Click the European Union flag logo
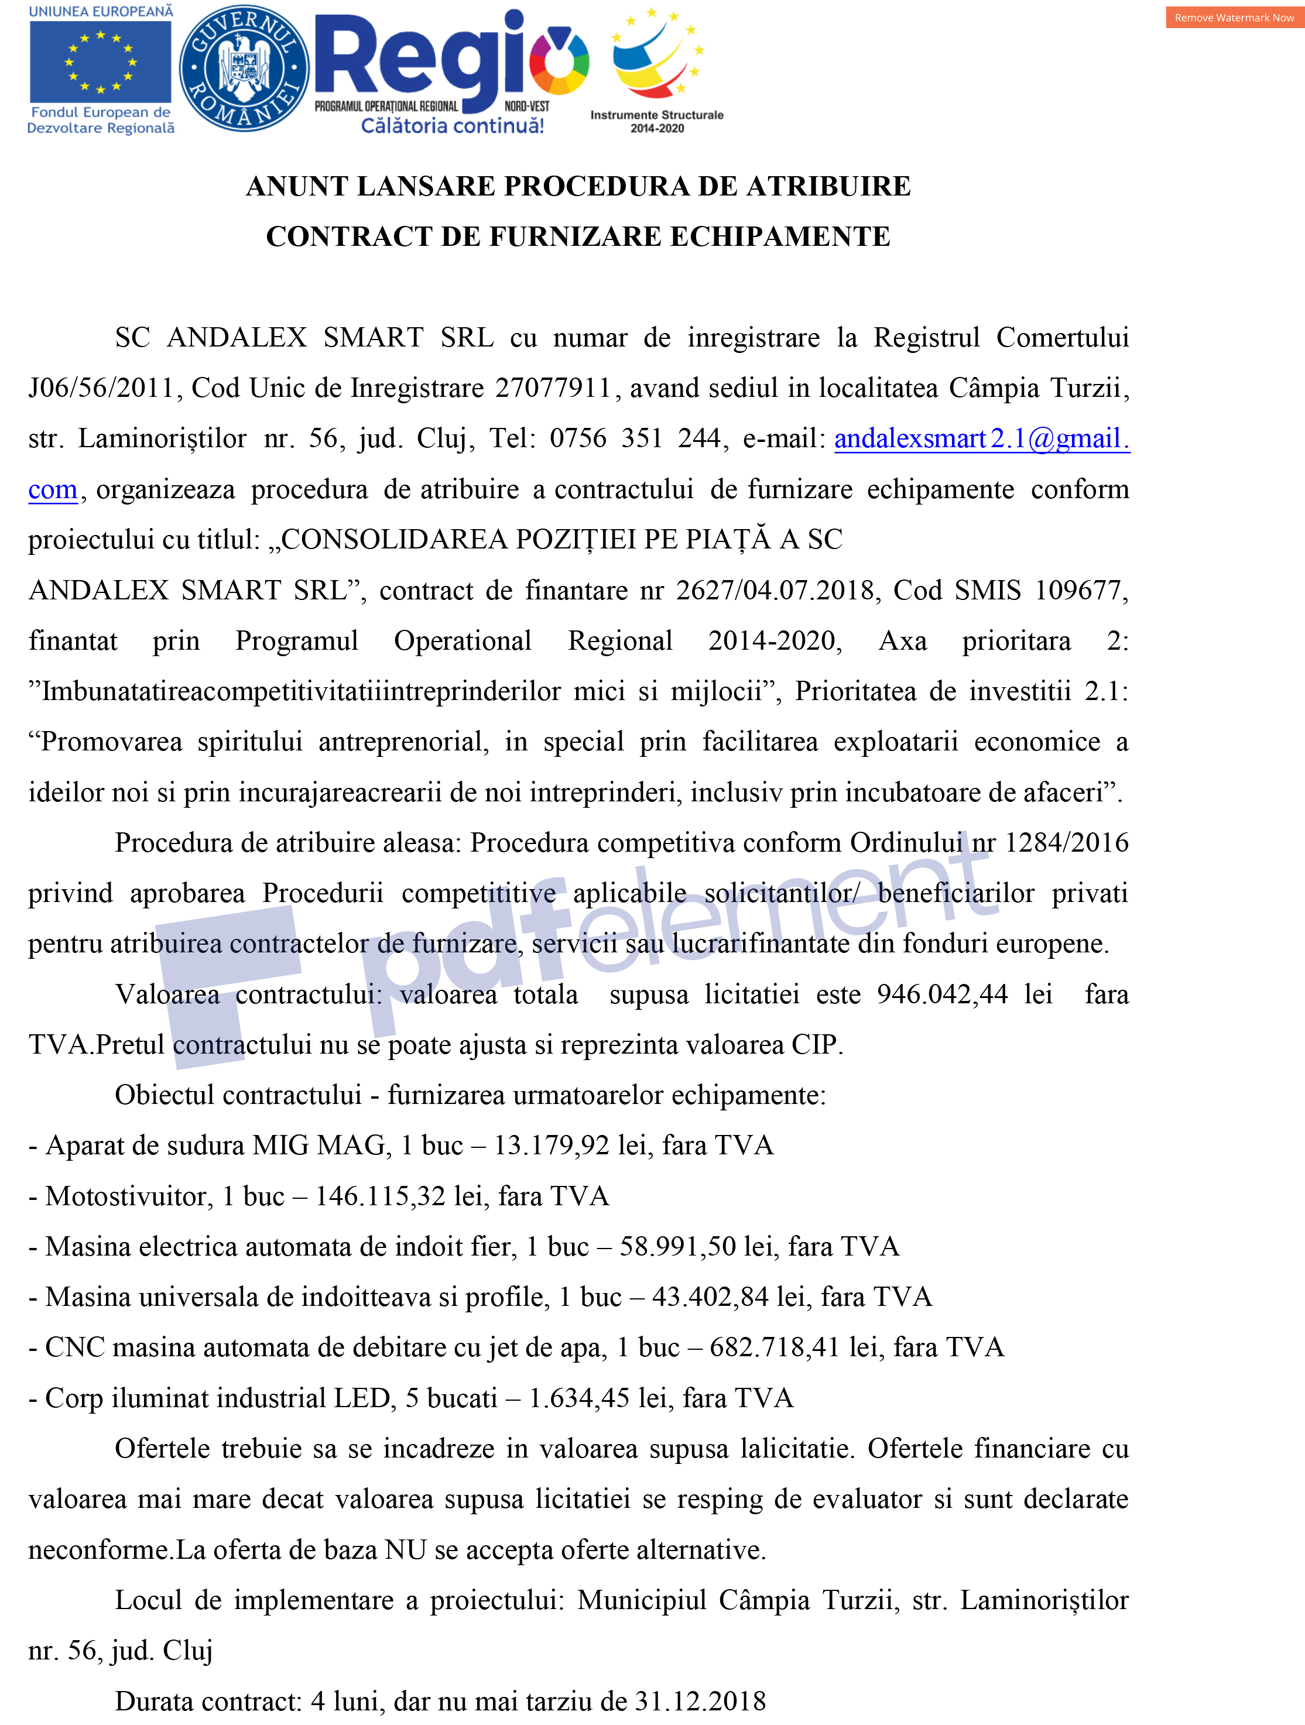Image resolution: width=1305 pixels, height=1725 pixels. point(100,63)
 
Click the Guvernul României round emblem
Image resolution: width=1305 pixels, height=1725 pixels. point(244,68)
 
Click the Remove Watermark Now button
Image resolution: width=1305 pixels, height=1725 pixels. point(1234,17)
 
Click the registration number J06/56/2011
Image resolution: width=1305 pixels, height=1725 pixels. point(101,388)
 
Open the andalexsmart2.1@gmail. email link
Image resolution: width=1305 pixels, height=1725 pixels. point(981,439)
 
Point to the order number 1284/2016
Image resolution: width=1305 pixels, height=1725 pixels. point(1066,843)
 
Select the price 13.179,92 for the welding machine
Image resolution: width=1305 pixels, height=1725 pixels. point(552,1146)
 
